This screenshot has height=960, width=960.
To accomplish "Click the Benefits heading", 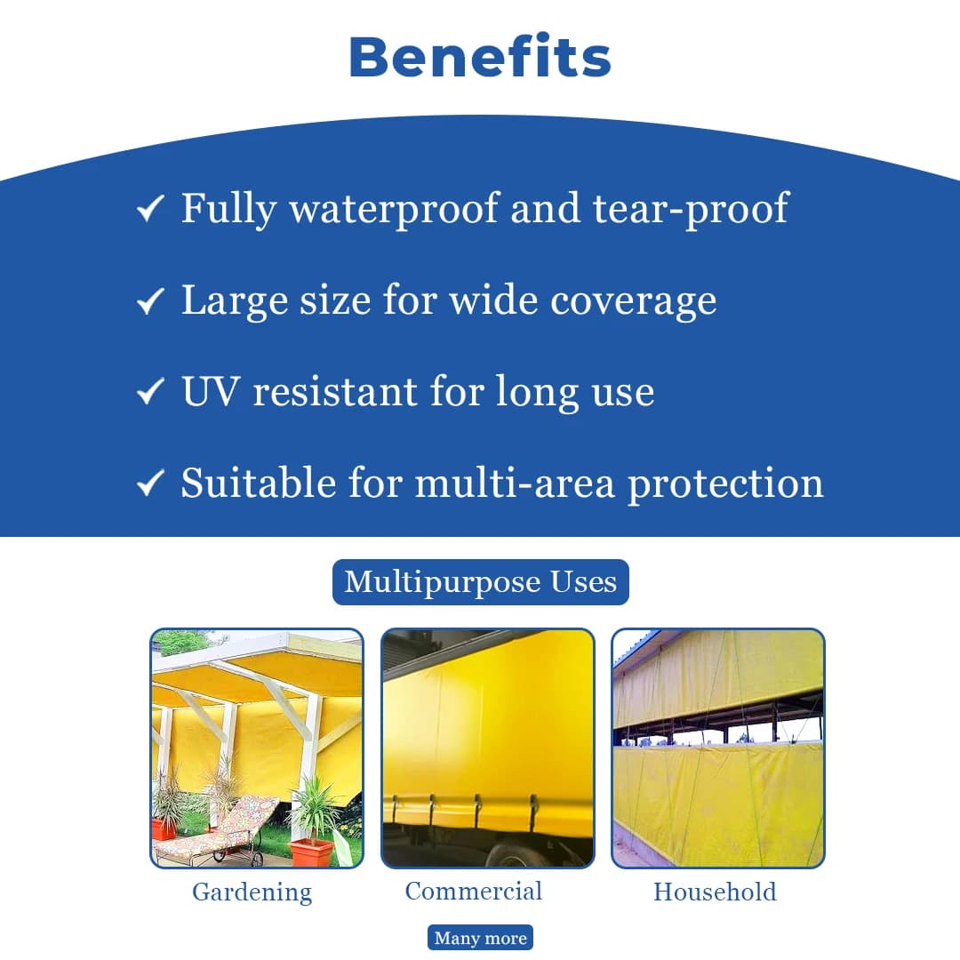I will pyautogui.click(x=480, y=57).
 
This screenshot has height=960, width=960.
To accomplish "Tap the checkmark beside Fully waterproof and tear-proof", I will pyautogui.click(x=149, y=210).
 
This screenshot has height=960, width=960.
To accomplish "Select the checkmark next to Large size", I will pyautogui.click(x=149, y=302).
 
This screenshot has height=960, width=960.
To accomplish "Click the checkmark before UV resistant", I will pyautogui.click(x=149, y=392).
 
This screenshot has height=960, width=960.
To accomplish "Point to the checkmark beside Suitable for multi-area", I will pyautogui.click(x=149, y=484).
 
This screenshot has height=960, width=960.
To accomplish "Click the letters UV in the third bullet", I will pyautogui.click(x=211, y=392).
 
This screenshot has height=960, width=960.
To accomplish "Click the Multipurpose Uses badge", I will pyautogui.click(x=480, y=582).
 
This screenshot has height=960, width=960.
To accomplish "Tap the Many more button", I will pyautogui.click(x=480, y=938).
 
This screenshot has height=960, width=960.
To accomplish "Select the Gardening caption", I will pyautogui.click(x=252, y=892).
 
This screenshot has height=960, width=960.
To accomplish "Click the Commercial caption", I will pyautogui.click(x=473, y=891).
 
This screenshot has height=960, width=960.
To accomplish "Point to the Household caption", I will pyautogui.click(x=715, y=892).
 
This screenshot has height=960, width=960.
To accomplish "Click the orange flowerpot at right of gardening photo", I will pyautogui.click(x=312, y=852).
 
